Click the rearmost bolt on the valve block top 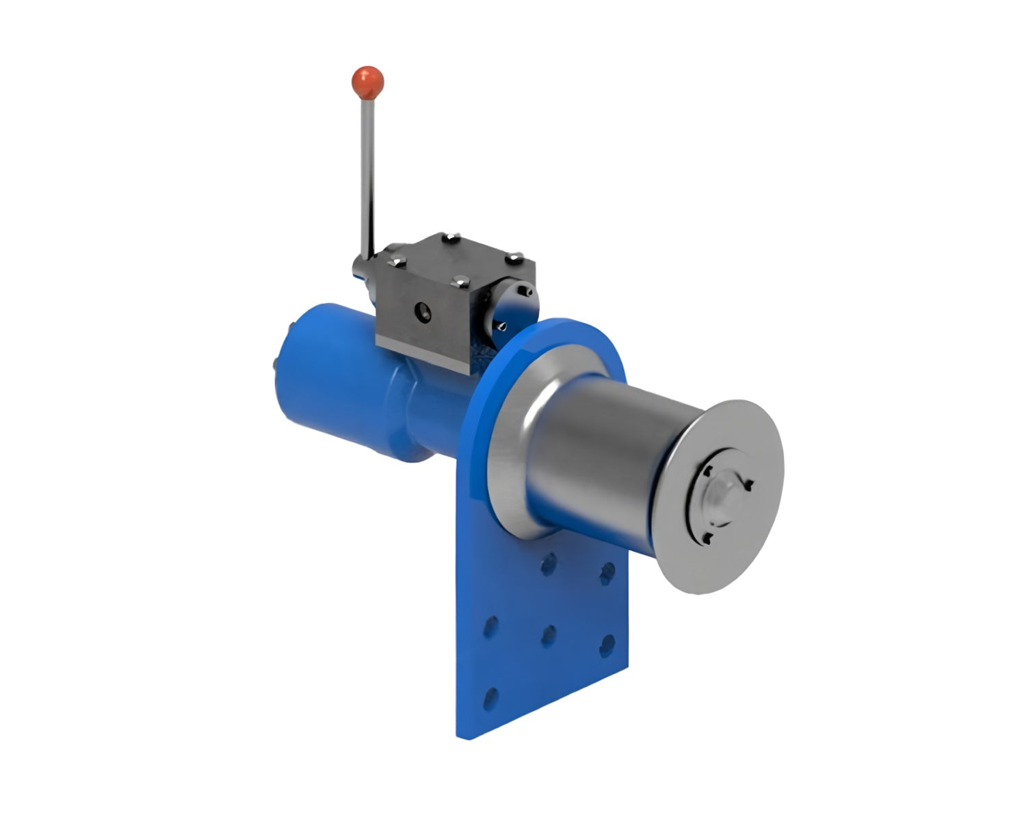(449, 239)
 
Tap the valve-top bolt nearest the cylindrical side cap (514, 259)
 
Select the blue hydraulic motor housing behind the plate (342, 390)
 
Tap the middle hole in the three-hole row (548, 637)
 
